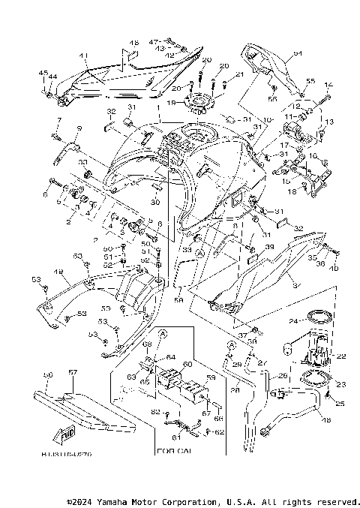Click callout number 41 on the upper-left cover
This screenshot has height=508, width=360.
[x=83, y=55]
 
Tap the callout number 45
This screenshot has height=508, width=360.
[x=42, y=73]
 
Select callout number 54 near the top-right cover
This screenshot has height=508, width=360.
[x=297, y=53]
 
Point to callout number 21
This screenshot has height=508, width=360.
[x=240, y=74]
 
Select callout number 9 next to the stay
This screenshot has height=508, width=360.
[x=78, y=130]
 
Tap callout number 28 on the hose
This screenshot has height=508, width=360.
[x=235, y=389]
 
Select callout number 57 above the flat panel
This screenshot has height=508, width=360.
[x=73, y=371]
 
